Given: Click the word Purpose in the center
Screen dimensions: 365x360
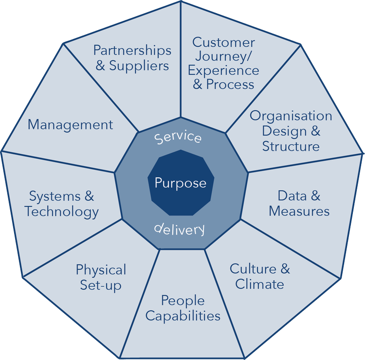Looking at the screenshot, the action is click(181, 184).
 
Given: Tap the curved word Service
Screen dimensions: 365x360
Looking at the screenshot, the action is click(178, 136).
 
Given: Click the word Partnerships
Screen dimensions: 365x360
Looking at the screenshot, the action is click(132, 50).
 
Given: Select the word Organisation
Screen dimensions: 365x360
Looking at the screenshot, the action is click(291, 116).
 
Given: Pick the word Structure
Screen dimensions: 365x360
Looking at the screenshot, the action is click(291, 146).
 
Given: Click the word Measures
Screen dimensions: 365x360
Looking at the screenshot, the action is click(299, 211).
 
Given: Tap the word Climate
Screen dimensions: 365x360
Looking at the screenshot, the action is click(260, 284).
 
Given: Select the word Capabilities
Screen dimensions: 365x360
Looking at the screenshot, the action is click(183, 316).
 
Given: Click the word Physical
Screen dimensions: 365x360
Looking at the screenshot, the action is click(101, 269).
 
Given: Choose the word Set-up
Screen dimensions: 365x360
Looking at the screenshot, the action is click(101, 284).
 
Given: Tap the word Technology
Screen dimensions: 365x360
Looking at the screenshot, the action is click(62, 211).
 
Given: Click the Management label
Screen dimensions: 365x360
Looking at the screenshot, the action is click(70, 125).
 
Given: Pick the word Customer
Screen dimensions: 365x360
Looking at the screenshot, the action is click(223, 42).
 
